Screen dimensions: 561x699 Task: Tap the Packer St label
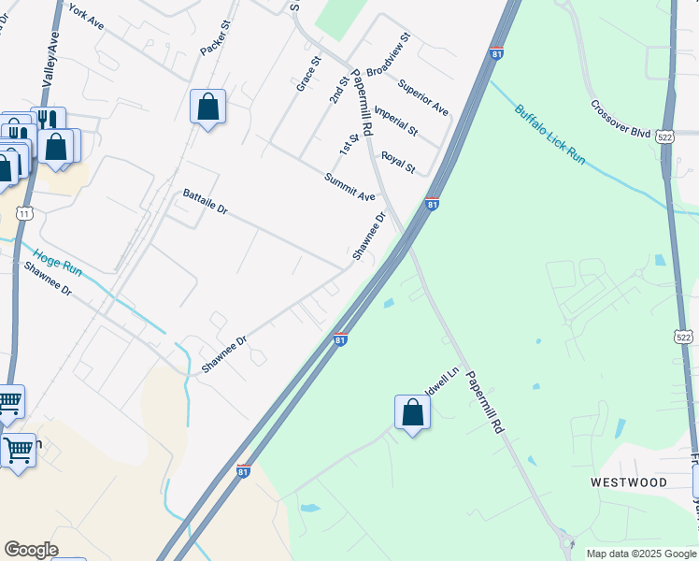(x=214, y=37)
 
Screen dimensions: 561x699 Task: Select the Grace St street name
(x=308, y=73)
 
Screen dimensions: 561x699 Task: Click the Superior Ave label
(x=422, y=97)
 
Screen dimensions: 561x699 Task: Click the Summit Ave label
(x=349, y=187)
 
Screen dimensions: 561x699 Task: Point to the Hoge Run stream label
(x=58, y=263)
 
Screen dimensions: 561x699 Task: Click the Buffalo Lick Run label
(x=549, y=135)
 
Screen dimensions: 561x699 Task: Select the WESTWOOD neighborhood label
(x=629, y=482)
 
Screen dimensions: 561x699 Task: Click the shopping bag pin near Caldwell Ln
(x=412, y=412)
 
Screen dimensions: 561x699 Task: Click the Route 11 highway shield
(x=25, y=214)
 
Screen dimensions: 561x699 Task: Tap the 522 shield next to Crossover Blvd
(x=663, y=136)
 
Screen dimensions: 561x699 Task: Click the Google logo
(x=31, y=549)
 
